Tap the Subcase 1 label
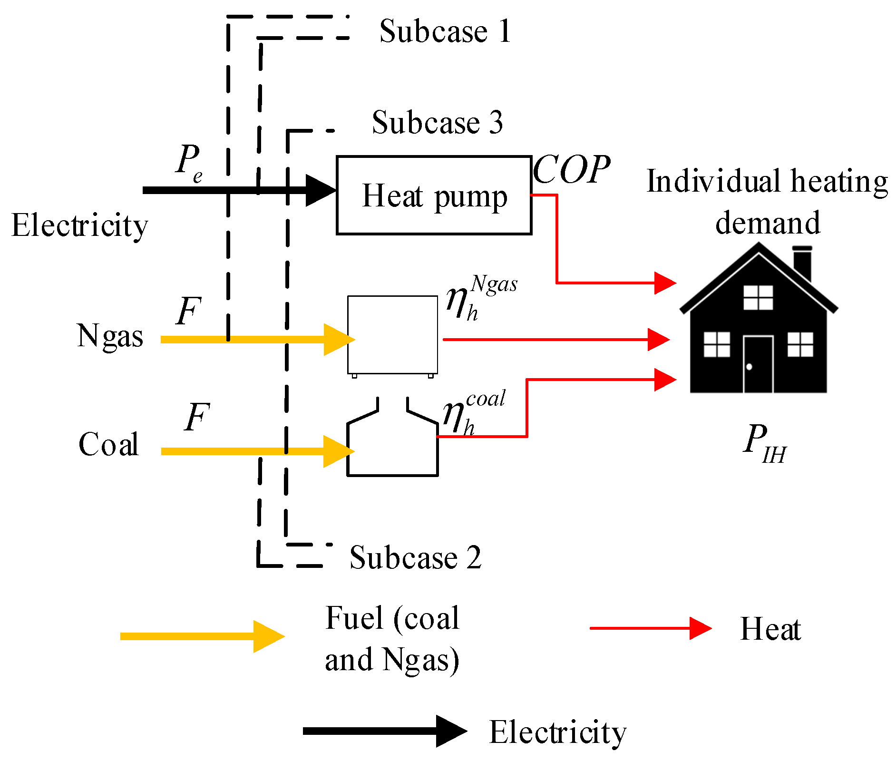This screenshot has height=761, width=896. (x=445, y=31)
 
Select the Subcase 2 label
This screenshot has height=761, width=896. (x=415, y=557)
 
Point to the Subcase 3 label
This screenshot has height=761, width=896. (x=437, y=122)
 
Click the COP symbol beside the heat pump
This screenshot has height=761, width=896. (x=571, y=169)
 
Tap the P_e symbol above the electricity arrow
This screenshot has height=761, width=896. (x=189, y=162)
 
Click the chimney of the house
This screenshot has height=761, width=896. (x=802, y=263)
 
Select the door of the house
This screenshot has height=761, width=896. (x=758, y=364)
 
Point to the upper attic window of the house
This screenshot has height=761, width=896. (x=758, y=298)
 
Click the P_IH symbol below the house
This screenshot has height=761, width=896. (x=765, y=443)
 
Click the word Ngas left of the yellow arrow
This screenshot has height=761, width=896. (x=110, y=337)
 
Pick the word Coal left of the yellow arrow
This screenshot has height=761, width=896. (x=108, y=444)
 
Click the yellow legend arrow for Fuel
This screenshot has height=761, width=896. (x=203, y=636)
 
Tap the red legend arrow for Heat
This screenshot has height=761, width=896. (x=651, y=628)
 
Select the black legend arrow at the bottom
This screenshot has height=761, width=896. (x=385, y=731)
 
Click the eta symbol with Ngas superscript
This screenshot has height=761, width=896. (x=481, y=298)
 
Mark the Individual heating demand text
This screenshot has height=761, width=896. (x=767, y=202)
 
